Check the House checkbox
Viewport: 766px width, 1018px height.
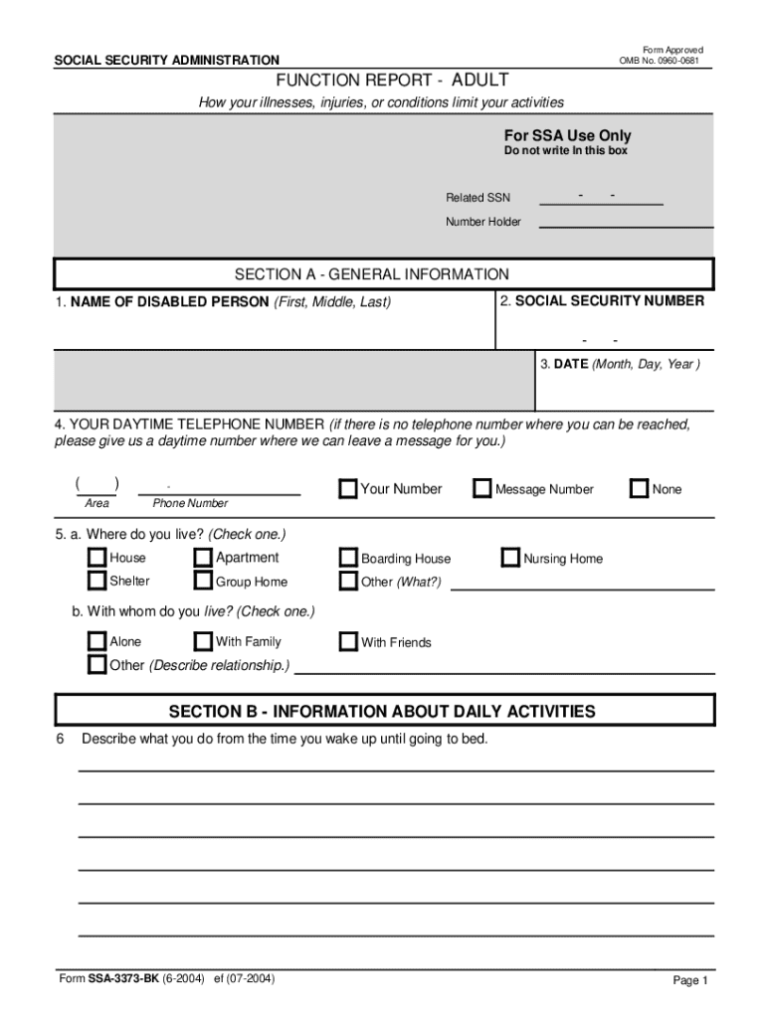(96, 558)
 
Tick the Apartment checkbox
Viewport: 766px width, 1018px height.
(203, 558)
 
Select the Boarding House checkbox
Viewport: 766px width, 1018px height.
(348, 558)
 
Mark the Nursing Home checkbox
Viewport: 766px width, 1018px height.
(510, 558)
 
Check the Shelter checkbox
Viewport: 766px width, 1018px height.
(96, 581)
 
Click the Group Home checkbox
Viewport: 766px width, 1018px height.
(203, 581)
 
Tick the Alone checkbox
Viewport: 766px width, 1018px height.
(96, 641)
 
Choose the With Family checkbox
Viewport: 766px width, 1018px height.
(203, 641)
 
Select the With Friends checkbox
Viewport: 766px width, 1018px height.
(348, 641)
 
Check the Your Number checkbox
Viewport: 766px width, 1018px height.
(348, 488)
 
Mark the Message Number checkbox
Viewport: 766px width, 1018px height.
(482, 488)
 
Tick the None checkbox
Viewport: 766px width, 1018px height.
(639, 488)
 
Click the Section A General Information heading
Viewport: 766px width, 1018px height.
(371, 274)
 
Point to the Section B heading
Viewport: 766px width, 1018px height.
(382, 711)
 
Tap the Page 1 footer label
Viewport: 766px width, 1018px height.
(689, 980)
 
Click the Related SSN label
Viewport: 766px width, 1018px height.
(478, 198)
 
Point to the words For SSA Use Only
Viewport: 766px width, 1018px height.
(567, 135)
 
